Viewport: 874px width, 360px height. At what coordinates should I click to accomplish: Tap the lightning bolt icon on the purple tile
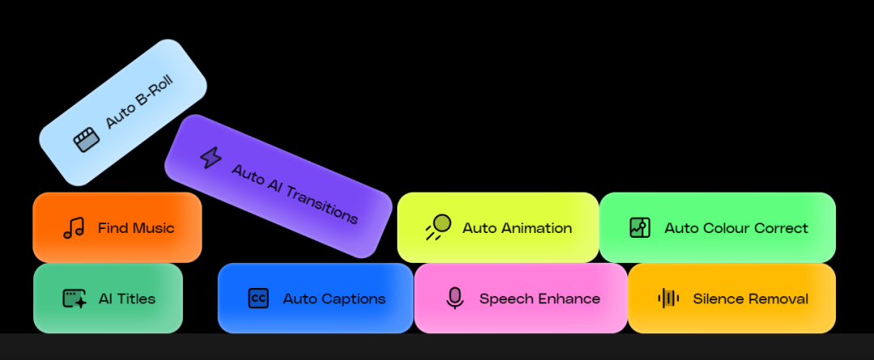pos(210,157)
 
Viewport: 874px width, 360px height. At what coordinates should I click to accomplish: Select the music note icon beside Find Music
pos(74,228)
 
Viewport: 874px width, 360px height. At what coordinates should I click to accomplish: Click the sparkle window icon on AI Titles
pos(74,299)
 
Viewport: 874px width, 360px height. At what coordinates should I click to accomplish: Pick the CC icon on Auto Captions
pos(258,299)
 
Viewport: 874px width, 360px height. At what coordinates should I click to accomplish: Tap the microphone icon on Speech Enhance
pos(455,299)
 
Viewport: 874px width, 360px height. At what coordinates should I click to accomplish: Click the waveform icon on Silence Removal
pos(668,299)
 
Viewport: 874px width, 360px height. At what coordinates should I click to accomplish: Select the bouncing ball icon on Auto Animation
pos(438,227)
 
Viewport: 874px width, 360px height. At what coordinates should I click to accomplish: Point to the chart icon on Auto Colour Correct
pos(640,227)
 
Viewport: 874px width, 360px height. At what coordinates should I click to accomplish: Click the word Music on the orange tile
pos(155,228)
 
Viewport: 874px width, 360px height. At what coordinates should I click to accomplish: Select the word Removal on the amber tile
pos(778,299)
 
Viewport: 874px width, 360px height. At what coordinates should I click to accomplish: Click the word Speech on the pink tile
pos(505,299)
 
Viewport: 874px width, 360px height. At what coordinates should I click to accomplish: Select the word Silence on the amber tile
pos(718,299)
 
